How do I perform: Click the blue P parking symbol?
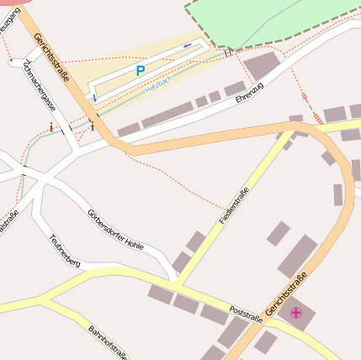tap(140, 71)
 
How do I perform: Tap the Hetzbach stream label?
tap(158, 85)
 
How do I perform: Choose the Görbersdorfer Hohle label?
tap(115, 230)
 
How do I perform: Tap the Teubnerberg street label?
tap(65, 251)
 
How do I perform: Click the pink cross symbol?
tap(295, 314)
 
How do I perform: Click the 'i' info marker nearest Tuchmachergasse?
tap(51, 128)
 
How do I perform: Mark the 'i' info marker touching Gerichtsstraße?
tap(92, 128)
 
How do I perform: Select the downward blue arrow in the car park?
tap(95, 98)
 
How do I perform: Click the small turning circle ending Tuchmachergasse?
tap(12, 62)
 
